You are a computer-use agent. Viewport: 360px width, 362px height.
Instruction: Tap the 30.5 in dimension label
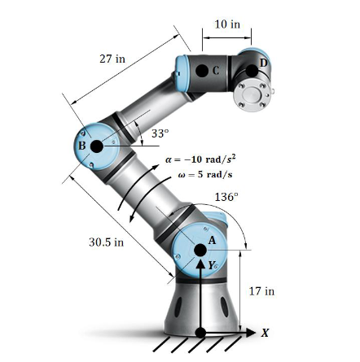tap(106, 242)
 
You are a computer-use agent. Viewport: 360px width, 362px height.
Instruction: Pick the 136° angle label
tap(226, 197)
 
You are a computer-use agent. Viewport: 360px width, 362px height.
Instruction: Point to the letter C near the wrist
tap(216, 71)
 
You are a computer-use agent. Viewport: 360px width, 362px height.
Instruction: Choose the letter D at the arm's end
tap(262, 63)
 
